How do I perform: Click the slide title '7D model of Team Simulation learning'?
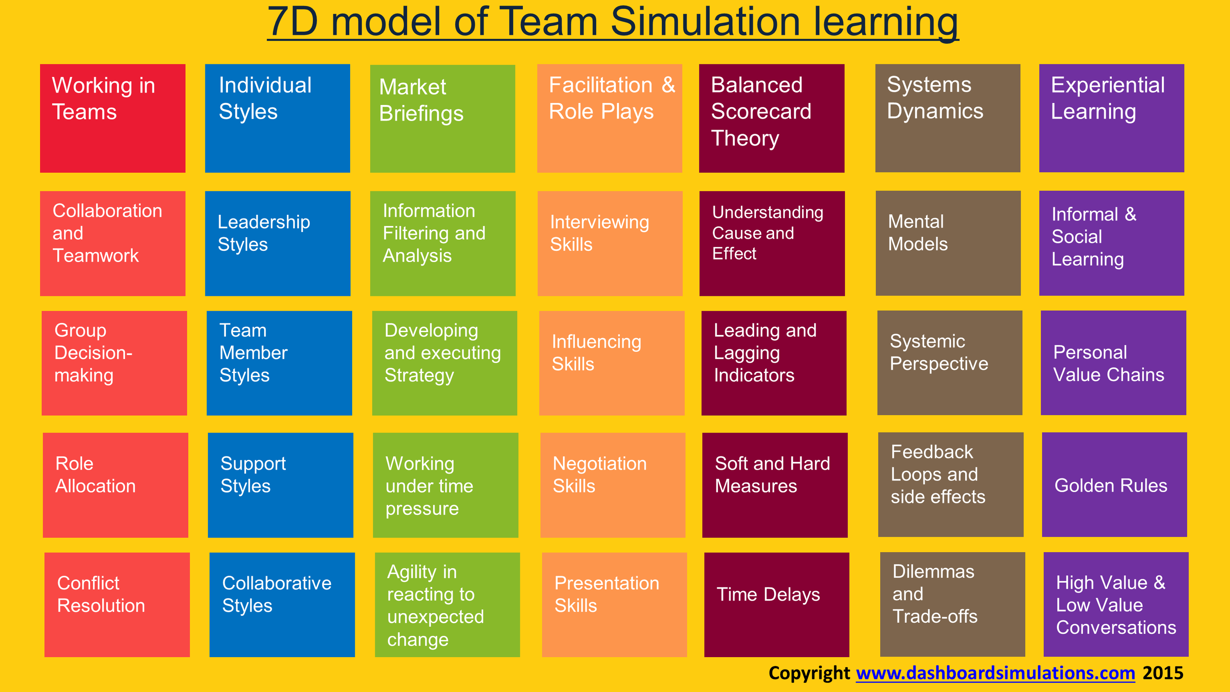[613, 23]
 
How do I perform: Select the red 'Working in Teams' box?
[113, 118]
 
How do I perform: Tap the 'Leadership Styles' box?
[278, 244]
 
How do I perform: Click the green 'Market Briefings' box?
[443, 118]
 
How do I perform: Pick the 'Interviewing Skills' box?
[610, 244]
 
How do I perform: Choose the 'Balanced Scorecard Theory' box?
[772, 118]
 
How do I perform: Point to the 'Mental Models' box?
[948, 243]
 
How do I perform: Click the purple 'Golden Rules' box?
[1114, 485]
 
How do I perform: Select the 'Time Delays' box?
[777, 605]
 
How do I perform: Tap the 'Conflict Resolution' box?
[117, 605]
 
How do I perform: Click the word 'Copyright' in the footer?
[809, 674]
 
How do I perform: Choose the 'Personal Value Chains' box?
[1114, 363]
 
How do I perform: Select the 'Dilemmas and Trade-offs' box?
[952, 605]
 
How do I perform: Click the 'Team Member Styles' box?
[279, 363]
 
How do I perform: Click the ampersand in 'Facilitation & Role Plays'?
[668, 85]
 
